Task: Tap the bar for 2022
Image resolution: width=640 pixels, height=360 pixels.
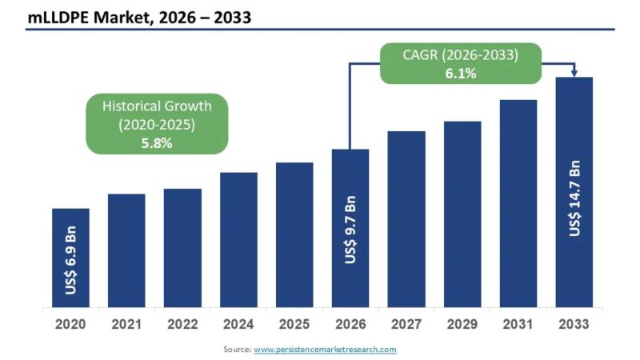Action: (182, 248)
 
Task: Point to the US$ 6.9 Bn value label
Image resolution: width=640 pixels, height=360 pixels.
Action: (71, 263)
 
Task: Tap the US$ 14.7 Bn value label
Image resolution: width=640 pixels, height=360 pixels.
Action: (574, 199)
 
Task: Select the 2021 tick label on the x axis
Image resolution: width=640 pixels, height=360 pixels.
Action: (126, 325)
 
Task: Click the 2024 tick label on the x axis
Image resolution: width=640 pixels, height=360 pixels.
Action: (238, 325)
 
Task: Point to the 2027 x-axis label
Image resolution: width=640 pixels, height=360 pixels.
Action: (406, 325)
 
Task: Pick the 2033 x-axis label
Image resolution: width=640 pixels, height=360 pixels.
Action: (574, 325)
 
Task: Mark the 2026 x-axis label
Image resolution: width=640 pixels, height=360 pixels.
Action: (350, 325)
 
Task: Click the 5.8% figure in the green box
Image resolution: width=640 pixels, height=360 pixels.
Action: (157, 143)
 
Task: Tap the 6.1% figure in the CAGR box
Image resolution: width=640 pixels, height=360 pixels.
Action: (461, 74)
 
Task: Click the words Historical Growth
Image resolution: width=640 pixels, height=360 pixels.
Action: (157, 106)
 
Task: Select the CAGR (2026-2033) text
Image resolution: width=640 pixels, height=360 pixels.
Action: (461, 55)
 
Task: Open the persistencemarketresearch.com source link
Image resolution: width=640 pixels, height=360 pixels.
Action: (325, 350)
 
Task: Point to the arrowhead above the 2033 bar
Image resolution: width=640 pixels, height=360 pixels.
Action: (574, 74)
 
